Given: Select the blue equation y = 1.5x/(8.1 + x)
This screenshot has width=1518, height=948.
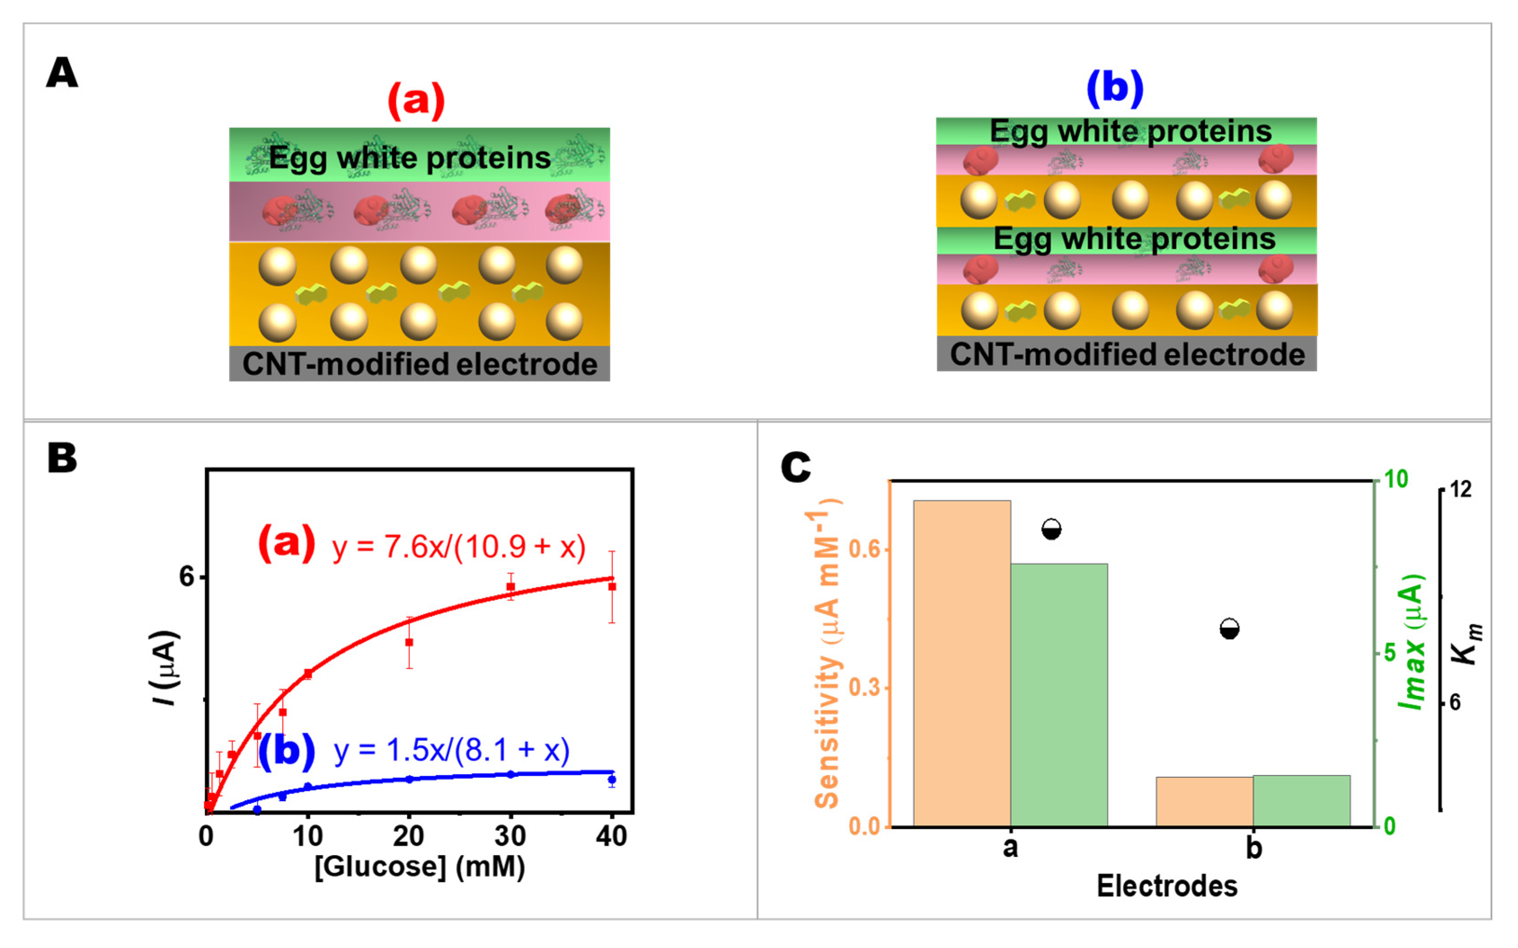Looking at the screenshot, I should point(451,750).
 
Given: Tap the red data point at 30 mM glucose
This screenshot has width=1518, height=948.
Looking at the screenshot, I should point(510,587).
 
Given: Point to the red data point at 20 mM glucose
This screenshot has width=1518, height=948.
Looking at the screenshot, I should point(409,642).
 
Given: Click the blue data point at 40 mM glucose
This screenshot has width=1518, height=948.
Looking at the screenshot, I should point(612,780).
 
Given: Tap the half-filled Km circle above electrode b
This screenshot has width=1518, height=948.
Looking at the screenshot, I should point(1230,629).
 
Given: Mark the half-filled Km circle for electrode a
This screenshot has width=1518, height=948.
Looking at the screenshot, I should point(1051,529).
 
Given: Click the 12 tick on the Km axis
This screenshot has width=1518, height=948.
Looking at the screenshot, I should point(1461,489).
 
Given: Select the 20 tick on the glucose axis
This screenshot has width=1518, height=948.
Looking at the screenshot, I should point(409,836).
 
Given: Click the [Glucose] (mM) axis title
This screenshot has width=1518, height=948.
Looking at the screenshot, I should point(419,867).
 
